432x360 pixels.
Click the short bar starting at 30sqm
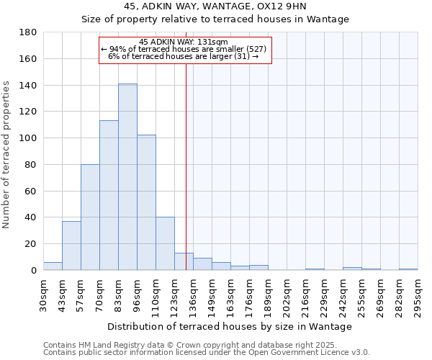coord(53,266)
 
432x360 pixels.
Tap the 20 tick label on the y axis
coord(31,244)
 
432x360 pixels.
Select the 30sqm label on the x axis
coord(44,294)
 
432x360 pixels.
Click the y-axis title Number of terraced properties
coord(6,155)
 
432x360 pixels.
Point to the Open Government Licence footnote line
coord(207,353)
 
